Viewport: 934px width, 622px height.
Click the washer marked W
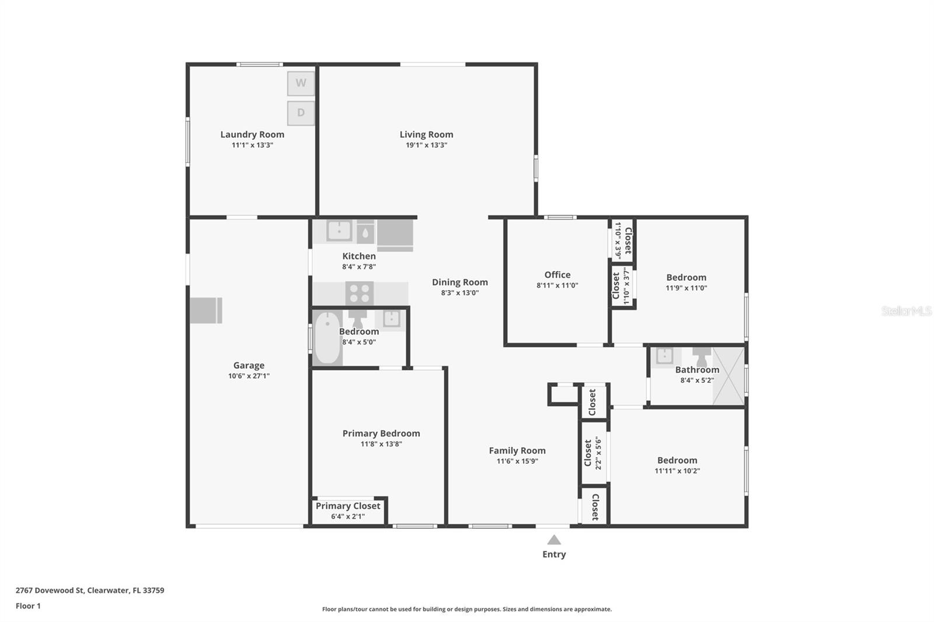301,83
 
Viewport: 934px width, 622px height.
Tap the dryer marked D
301,113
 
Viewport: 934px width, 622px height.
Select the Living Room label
426,134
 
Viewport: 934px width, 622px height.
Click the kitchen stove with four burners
359,293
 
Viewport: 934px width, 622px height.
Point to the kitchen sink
339,230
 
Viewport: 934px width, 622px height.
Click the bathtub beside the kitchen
327,337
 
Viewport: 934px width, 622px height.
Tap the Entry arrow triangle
554,540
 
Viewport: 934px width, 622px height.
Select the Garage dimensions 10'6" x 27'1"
249,376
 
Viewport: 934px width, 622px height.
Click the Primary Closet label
348,506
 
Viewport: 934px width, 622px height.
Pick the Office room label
557,275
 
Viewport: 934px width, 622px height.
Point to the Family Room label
517,450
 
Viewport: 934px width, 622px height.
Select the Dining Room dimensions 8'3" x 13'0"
460,293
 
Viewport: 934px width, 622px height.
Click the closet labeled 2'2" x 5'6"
593,452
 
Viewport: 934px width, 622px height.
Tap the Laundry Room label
252,134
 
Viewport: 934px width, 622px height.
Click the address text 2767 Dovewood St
50,590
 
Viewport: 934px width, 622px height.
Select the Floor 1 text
28,606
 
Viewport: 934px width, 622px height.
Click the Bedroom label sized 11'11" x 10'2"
677,460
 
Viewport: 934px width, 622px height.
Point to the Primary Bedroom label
381,434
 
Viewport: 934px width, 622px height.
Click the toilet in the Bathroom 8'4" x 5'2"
702,355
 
